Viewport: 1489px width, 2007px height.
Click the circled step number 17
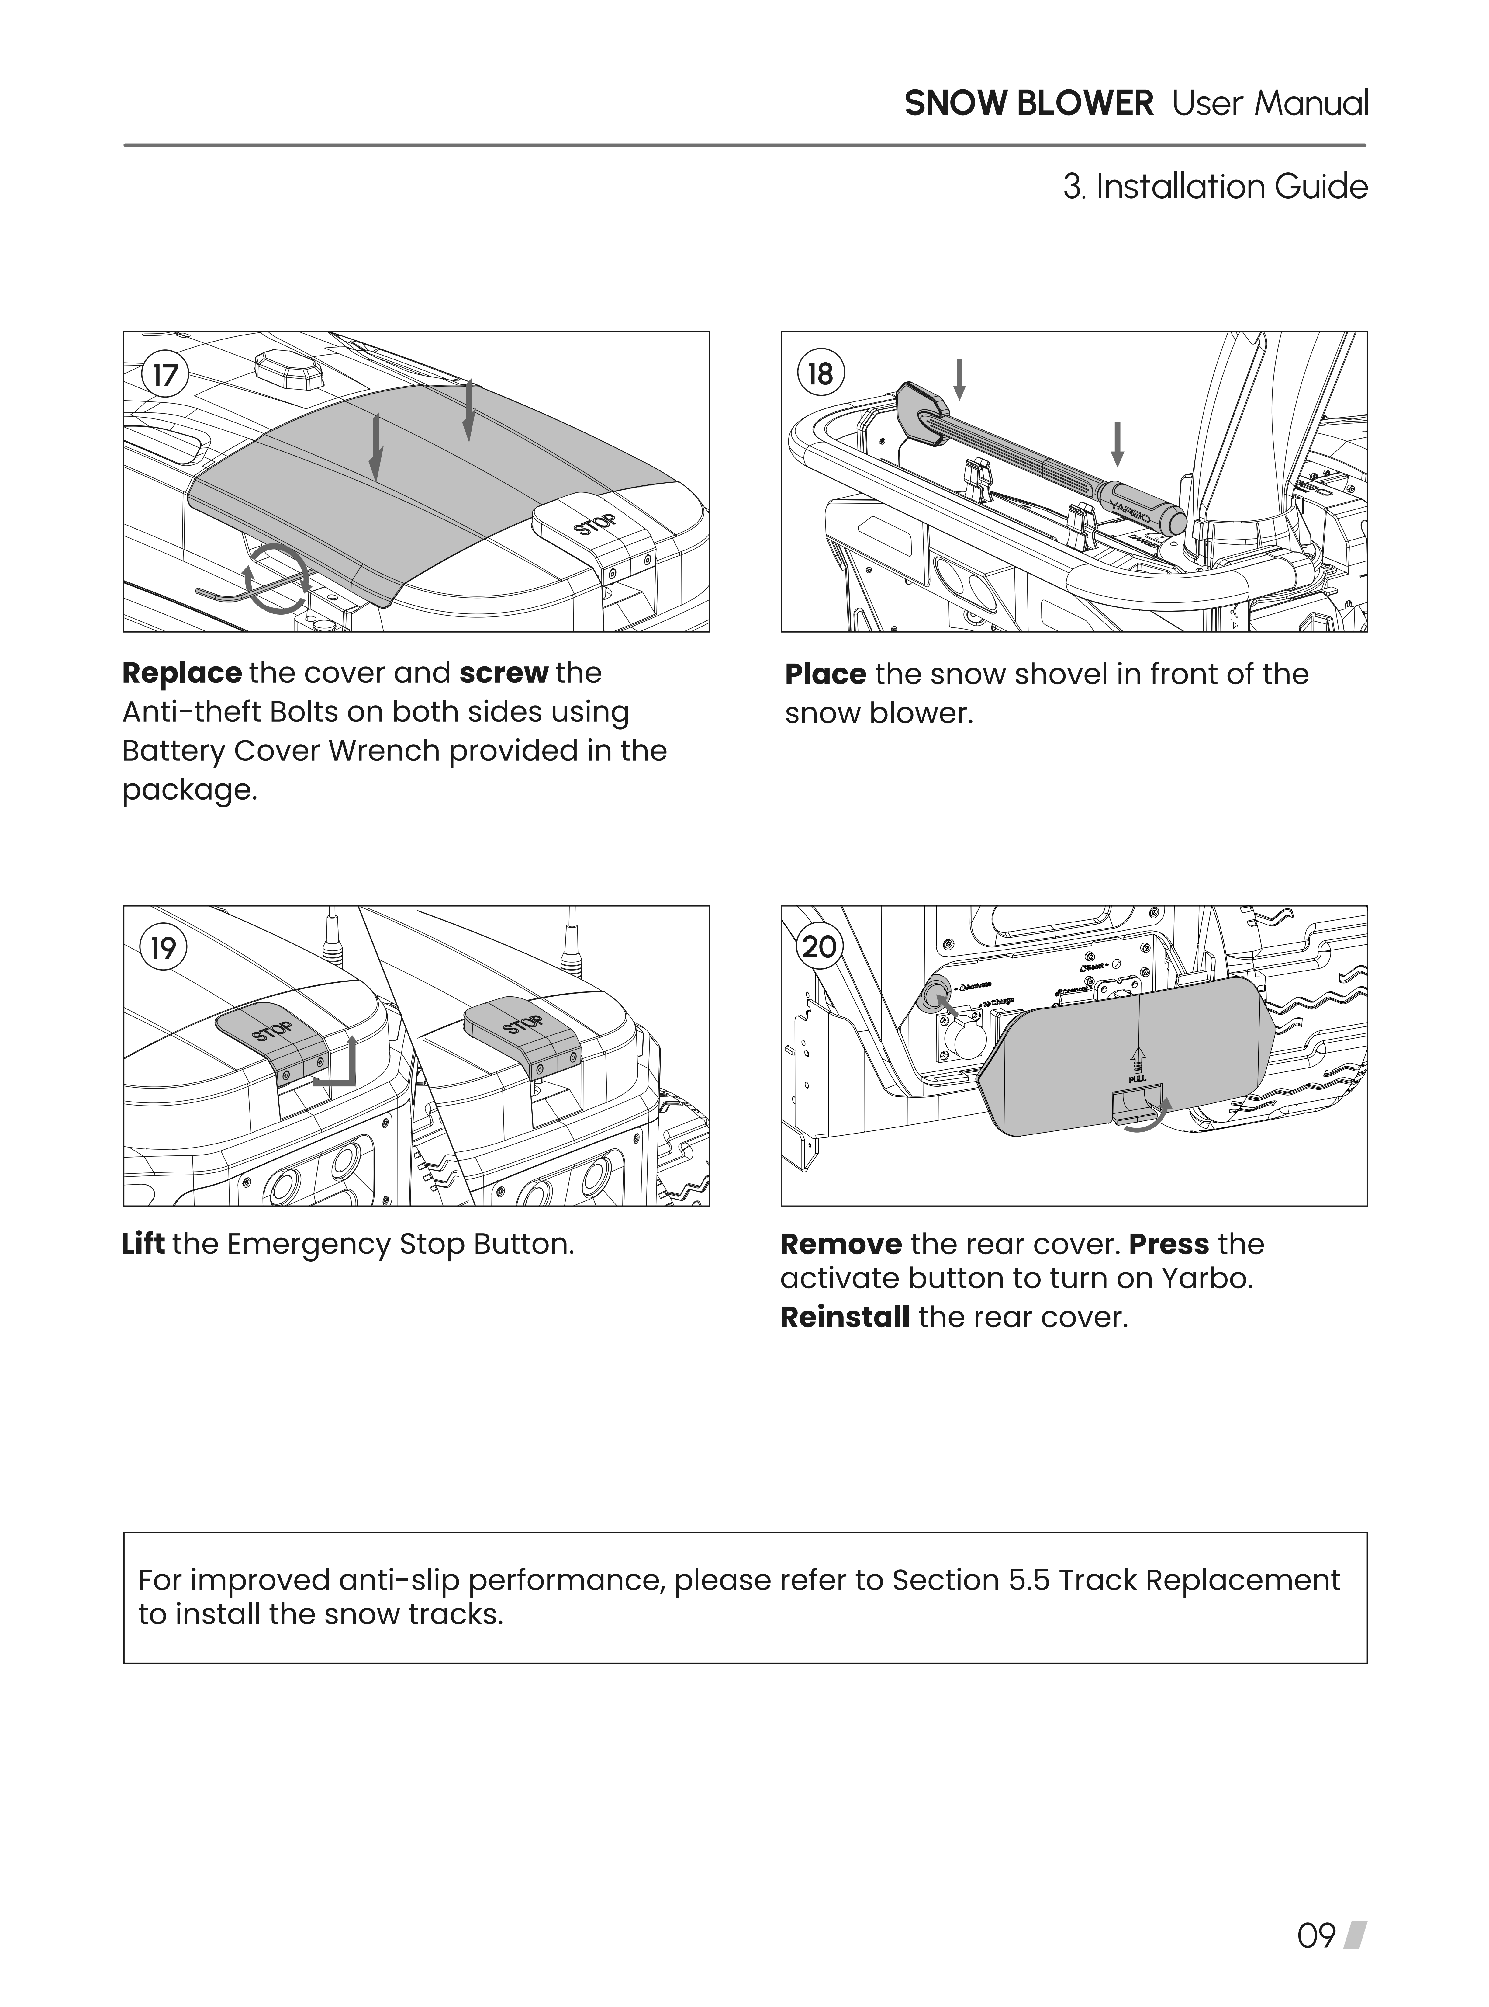tap(164, 374)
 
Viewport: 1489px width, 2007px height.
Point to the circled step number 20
tap(819, 948)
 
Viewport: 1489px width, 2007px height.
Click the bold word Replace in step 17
tap(182, 673)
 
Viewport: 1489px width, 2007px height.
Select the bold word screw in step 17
tap(504, 673)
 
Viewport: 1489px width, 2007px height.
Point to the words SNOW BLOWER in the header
tap(1028, 104)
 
